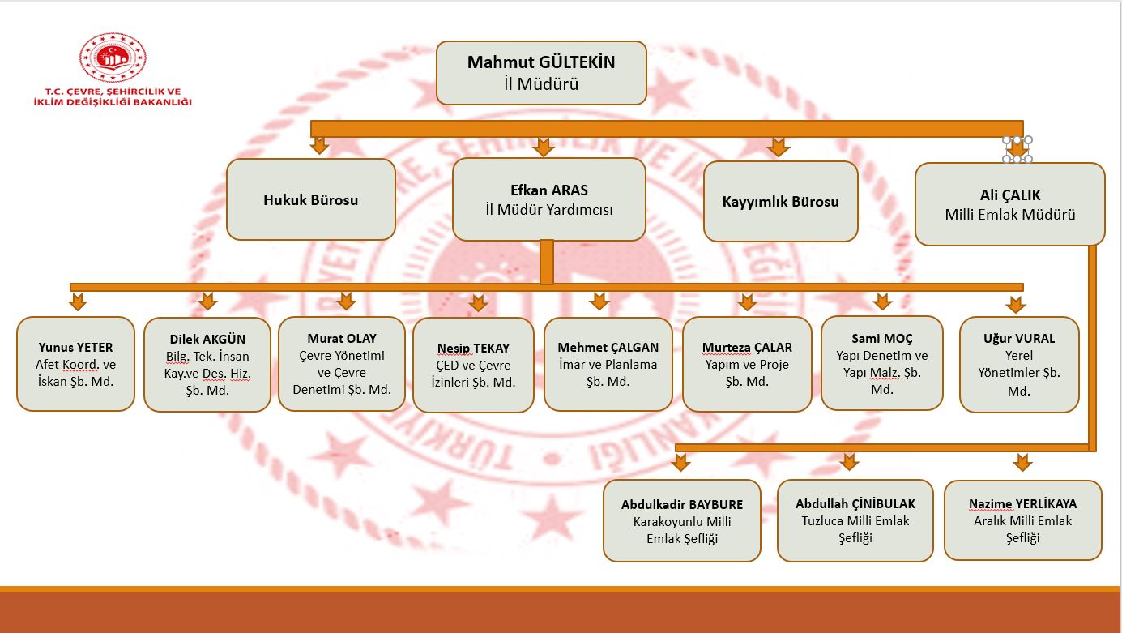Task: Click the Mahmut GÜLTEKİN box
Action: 541,73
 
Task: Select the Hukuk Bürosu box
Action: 310,199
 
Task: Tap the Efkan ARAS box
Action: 549,199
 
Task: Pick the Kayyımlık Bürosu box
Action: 780,202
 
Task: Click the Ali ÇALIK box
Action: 1009,204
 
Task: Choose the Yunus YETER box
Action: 75,364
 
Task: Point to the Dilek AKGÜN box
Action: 207,365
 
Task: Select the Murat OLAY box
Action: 342,364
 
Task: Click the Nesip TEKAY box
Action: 473,365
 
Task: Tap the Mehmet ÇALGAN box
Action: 608,365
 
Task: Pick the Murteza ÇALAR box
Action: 747,365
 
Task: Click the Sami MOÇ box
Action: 882,363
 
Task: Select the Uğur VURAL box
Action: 1019,365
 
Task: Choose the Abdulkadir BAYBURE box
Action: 682,520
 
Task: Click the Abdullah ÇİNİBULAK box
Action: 855,520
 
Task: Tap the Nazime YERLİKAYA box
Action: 1023,520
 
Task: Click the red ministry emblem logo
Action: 113,58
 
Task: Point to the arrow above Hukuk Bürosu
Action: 319,146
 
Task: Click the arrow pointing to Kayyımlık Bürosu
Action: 778,147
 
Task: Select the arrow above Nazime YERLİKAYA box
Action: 1022,462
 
